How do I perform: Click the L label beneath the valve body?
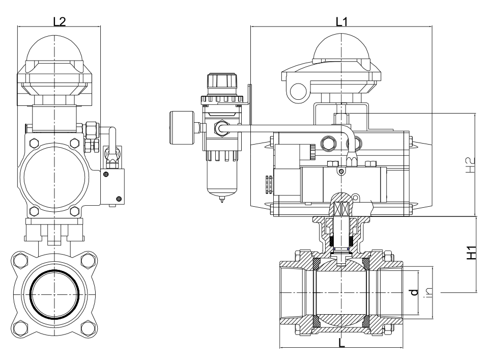point(341,343)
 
